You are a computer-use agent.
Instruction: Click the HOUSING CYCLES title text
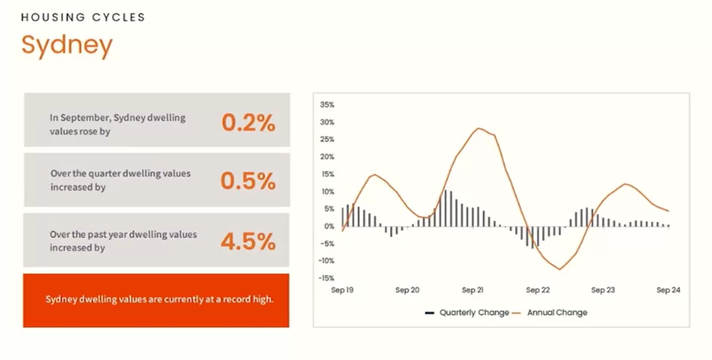click(x=83, y=17)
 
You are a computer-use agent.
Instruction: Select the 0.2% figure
click(x=248, y=123)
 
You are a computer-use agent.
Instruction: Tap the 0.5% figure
click(x=248, y=181)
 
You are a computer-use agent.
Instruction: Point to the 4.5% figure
click(x=248, y=241)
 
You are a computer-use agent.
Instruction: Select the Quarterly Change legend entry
click(x=467, y=313)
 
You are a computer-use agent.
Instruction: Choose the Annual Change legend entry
click(x=550, y=313)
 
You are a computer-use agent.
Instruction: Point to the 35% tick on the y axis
click(x=327, y=105)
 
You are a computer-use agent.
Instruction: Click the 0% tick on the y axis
click(x=329, y=227)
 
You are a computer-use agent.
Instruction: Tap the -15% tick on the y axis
click(x=326, y=278)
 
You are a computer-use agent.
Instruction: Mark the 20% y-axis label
click(x=327, y=157)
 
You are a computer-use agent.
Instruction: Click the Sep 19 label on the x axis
click(x=342, y=290)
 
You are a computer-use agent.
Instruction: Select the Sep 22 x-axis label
click(x=538, y=290)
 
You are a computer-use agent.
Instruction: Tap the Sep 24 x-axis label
click(x=668, y=290)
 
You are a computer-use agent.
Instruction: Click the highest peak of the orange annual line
click(x=479, y=128)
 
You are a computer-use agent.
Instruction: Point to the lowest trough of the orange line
click(x=560, y=269)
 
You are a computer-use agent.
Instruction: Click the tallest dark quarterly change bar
click(x=445, y=208)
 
